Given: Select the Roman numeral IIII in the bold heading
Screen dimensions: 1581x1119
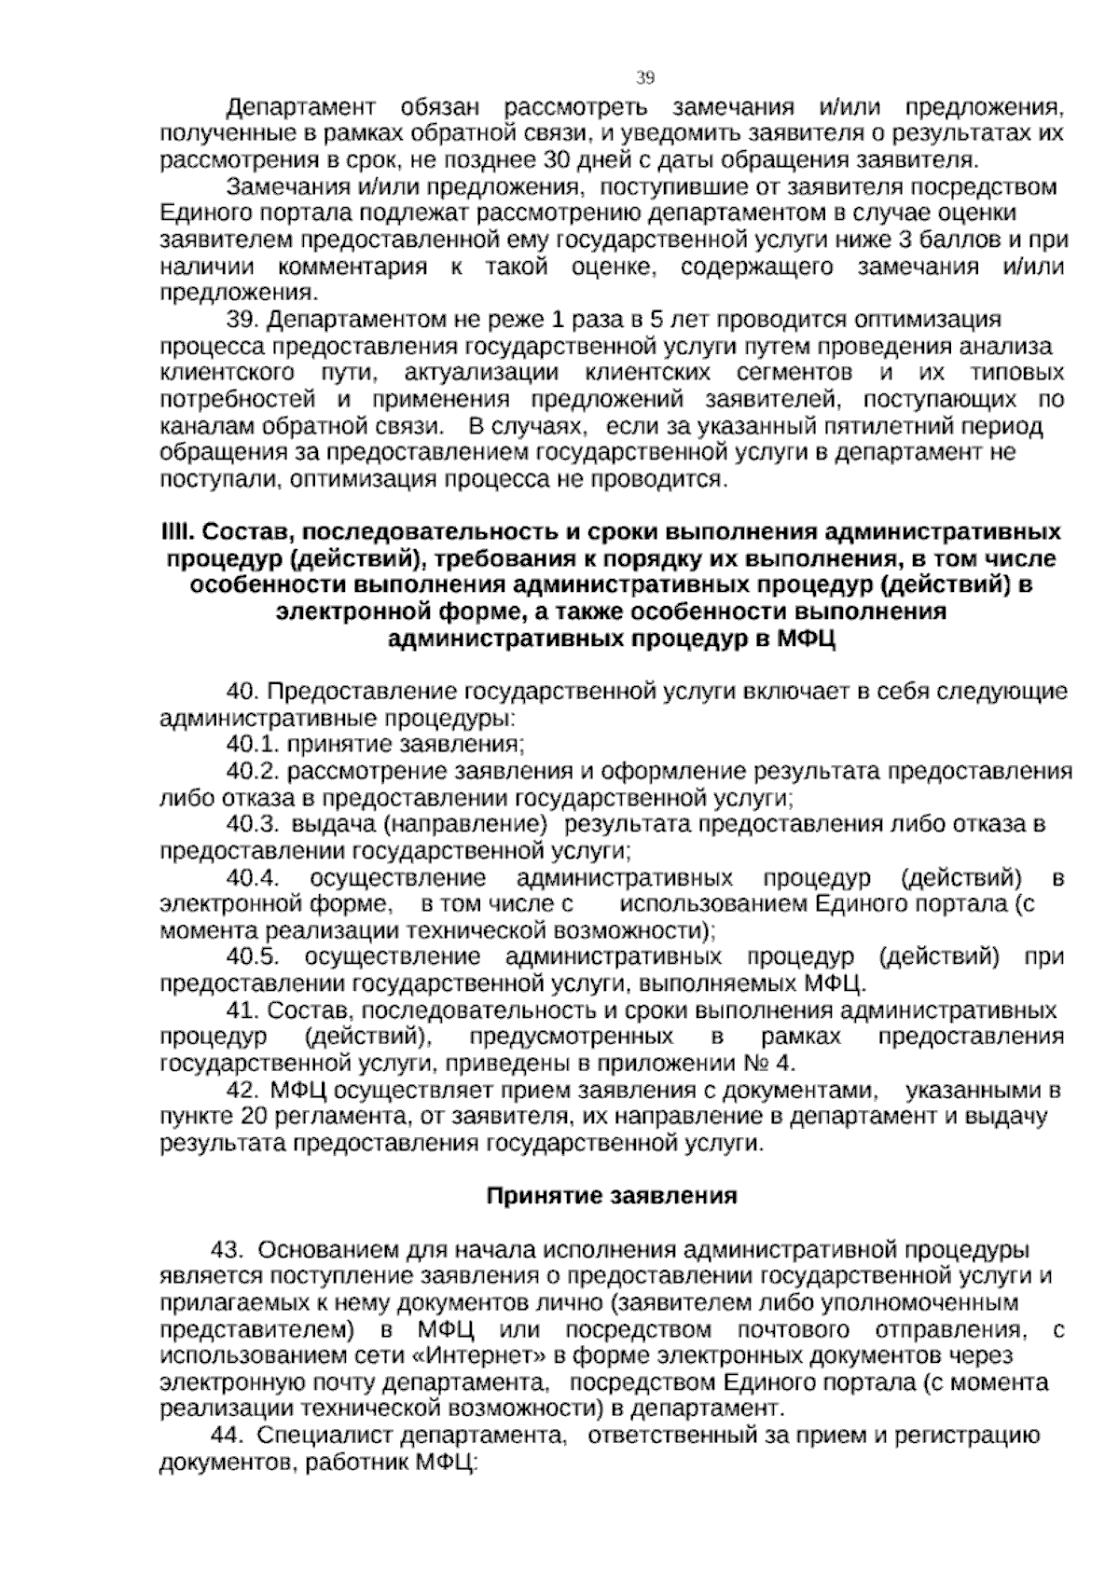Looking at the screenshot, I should (x=176, y=533).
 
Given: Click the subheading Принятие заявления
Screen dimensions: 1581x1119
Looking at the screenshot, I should (x=613, y=1196).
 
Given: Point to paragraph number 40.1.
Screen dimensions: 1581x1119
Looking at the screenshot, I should (x=254, y=745).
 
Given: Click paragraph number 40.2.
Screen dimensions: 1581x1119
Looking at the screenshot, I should (x=254, y=772).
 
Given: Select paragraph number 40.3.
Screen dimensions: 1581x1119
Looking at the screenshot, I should (x=254, y=825).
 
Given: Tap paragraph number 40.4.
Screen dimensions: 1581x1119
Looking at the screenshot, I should (x=254, y=879).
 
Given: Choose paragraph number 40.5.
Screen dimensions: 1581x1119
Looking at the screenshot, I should (x=254, y=958).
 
